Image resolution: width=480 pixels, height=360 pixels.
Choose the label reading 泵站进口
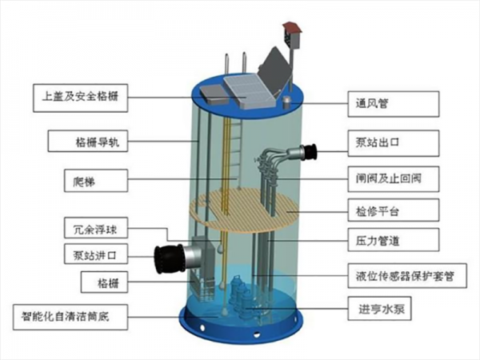tap(93, 256)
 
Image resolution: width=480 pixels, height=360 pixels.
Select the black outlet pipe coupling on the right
tap(308, 150)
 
